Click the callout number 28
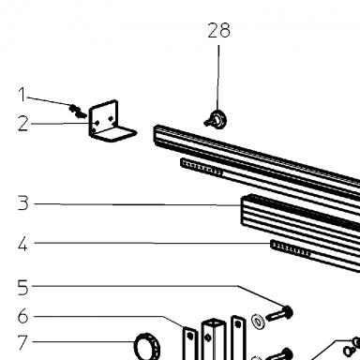(219, 30)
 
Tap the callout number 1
(22, 95)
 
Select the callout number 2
(22, 124)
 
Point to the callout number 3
(22, 203)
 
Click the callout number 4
(22, 244)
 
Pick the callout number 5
(22, 288)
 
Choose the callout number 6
(22, 316)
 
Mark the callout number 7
(22, 342)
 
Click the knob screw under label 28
(217, 120)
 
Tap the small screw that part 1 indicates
(78, 112)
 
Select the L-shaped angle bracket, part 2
(111, 122)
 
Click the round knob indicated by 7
(147, 346)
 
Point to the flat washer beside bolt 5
(258, 322)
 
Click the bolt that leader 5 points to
(279, 313)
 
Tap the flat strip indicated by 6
(190, 343)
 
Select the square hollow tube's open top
(214, 322)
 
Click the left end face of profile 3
(245, 211)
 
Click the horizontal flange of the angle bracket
(115, 134)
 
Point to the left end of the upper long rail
(156, 134)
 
